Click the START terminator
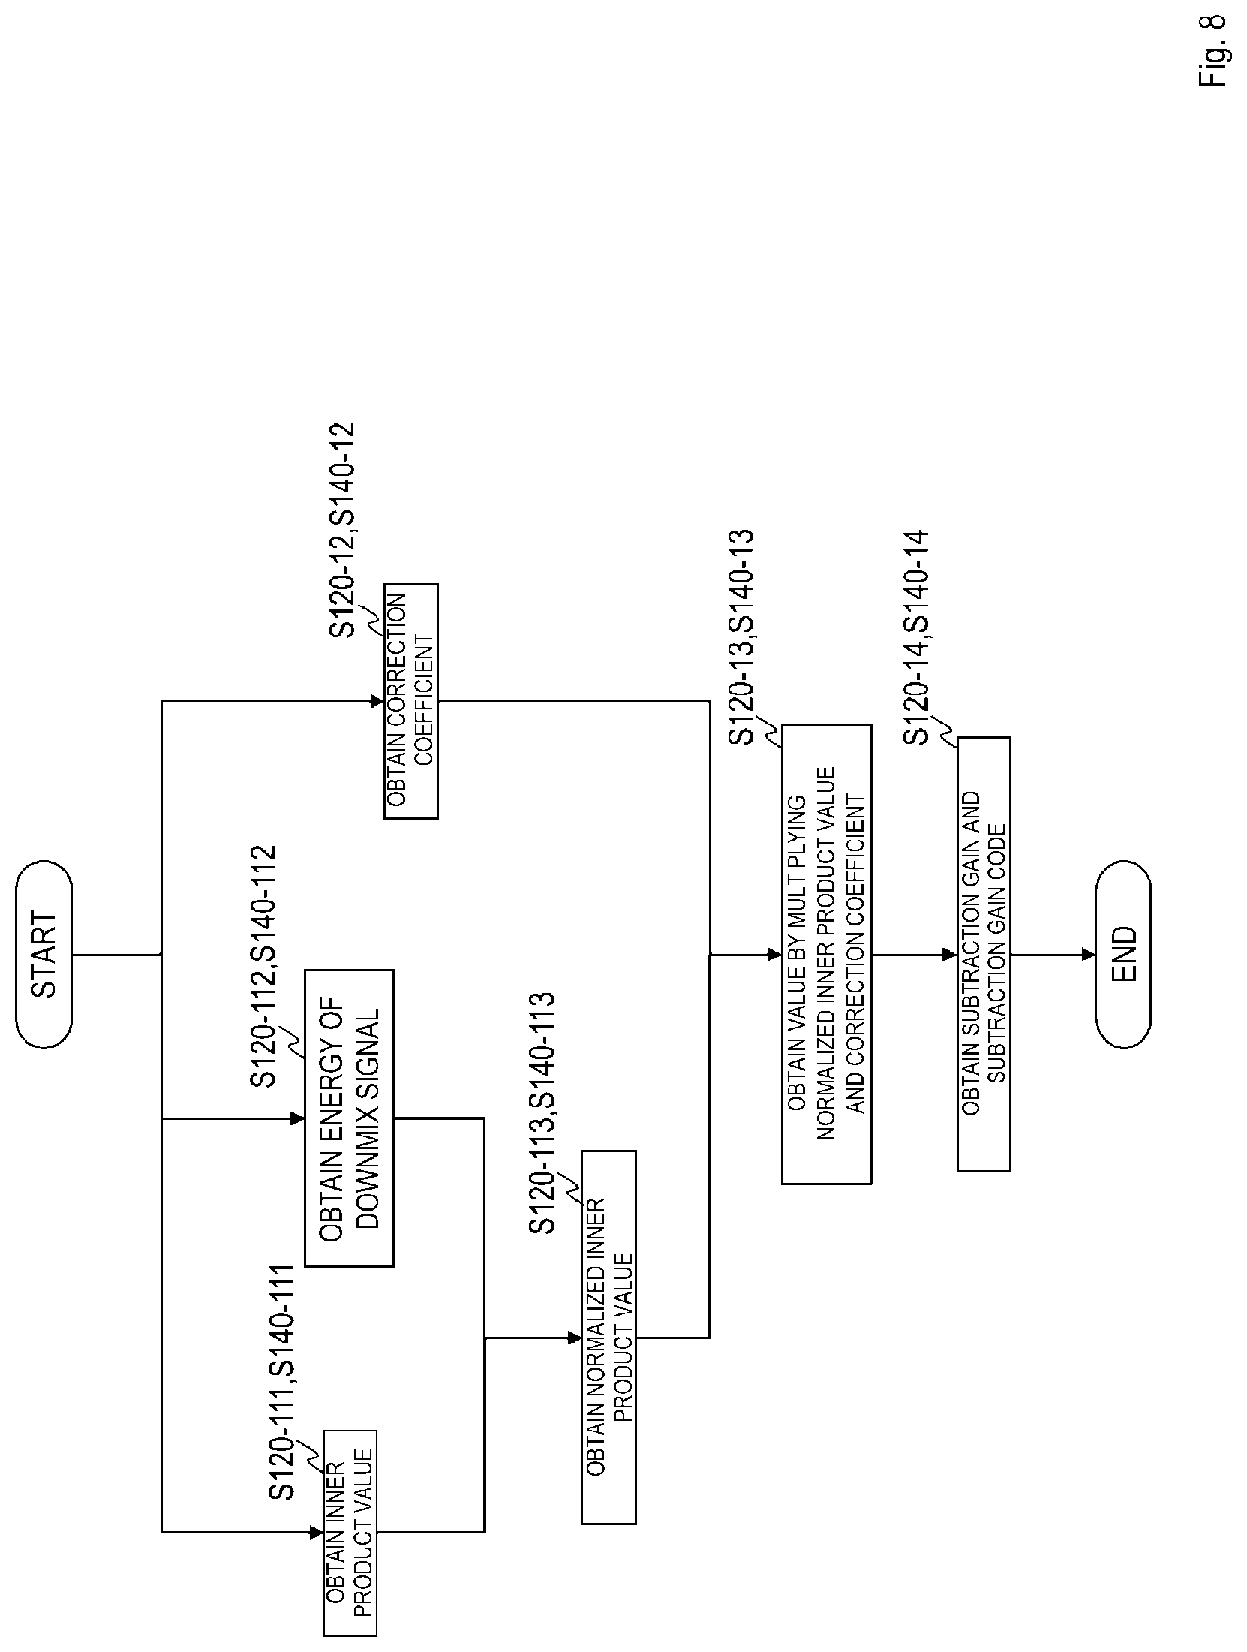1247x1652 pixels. click(44, 955)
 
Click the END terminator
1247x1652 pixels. click(1122, 955)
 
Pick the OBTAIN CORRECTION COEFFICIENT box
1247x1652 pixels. click(410, 701)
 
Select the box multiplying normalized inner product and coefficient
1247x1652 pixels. click(826, 955)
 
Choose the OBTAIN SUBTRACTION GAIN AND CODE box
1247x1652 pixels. click(984, 955)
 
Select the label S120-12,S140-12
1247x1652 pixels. click(343, 531)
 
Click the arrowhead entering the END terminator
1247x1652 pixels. click(1089, 955)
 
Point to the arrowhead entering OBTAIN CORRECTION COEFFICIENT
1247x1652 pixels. click(377, 701)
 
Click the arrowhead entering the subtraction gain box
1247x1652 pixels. click(950, 955)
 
